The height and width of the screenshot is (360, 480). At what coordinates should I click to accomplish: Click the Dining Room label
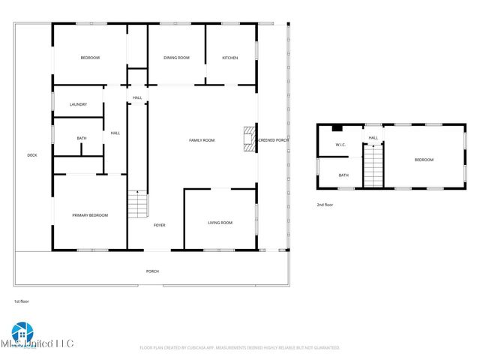click(177, 58)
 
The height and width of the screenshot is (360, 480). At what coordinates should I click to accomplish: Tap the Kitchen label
click(230, 58)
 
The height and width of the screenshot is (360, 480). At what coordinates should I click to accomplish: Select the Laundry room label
click(78, 104)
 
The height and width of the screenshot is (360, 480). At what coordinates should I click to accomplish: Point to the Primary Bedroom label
click(90, 215)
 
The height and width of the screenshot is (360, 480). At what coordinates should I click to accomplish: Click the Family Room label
click(202, 140)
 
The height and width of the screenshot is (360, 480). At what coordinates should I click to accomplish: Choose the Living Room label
click(220, 223)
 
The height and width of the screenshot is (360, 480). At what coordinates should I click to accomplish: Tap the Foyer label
click(160, 225)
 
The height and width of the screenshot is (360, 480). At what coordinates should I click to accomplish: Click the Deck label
click(32, 155)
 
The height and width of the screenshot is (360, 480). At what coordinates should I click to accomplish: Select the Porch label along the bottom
click(152, 271)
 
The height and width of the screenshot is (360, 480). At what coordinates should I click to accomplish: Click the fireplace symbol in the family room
click(249, 140)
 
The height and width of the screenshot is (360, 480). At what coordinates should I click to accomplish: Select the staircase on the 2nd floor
click(373, 166)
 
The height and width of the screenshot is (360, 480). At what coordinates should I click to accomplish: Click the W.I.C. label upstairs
click(340, 145)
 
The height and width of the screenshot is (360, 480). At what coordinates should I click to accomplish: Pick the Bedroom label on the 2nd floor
click(424, 160)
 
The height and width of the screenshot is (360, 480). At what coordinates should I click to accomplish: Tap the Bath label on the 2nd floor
click(343, 175)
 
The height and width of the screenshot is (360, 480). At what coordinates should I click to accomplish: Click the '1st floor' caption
click(21, 301)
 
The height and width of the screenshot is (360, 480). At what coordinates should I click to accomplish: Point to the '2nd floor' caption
click(325, 204)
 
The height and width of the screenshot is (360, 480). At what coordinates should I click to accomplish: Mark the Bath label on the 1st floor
click(81, 138)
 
